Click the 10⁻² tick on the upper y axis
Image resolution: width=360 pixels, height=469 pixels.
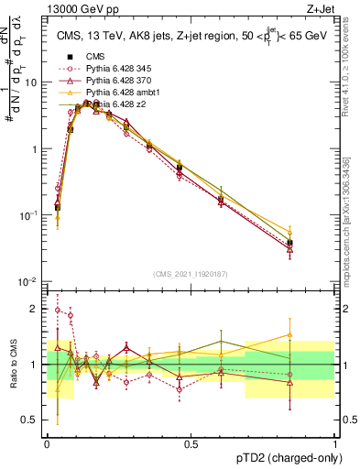(x=30, y=281)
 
